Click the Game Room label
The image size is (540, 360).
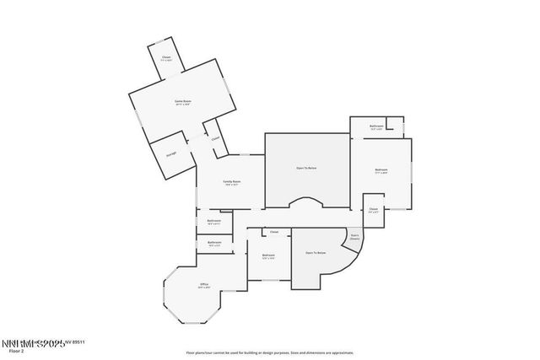pos(181,102)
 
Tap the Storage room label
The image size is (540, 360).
pos(171,154)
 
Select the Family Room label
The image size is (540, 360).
pos(232,182)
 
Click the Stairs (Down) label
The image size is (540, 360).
pos(355,237)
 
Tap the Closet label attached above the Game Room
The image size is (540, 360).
pos(166,58)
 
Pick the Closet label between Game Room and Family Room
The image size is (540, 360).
pos(215,139)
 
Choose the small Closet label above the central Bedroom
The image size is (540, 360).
pos(274,231)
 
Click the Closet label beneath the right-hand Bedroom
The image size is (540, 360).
pos(373,210)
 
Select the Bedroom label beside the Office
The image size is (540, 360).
pos(268,255)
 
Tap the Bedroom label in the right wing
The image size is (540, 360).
pos(381,171)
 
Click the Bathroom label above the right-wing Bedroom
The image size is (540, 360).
pos(376,127)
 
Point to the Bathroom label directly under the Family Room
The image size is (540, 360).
pos(213,223)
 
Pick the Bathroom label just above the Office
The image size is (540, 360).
pos(213,244)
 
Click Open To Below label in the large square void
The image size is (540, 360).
pos(305,169)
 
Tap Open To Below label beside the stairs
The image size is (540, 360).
pos(316,252)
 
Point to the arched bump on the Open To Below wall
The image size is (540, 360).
pos(305,203)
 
